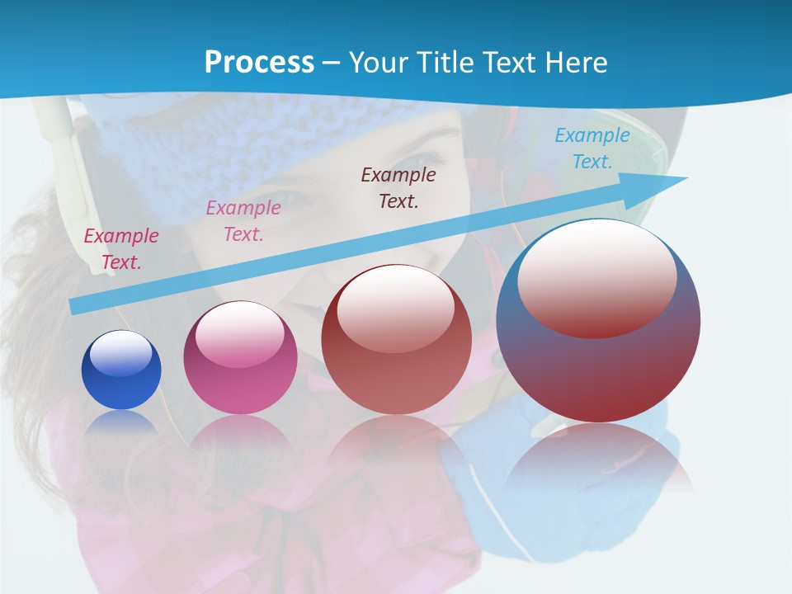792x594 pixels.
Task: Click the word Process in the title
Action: coord(259,62)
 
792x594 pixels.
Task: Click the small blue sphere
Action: coord(121,370)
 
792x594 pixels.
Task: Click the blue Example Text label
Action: coord(592,148)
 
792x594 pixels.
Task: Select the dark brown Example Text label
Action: coord(398,188)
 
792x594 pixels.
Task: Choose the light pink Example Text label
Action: coord(243,221)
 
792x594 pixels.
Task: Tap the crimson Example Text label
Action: coord(121,249)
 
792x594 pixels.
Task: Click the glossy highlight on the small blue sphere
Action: coord(120,353)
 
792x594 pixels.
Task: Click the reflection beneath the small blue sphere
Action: coord(121,422)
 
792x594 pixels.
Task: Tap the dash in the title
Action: coord(332,63)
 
